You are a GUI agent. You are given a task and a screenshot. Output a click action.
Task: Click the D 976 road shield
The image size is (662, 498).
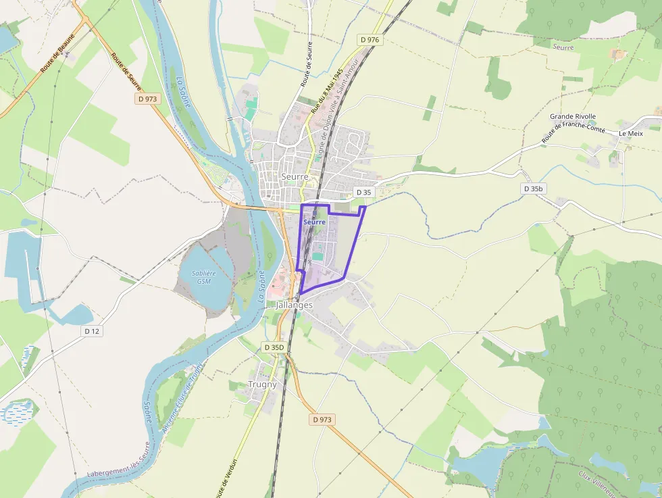(x=370, y=40)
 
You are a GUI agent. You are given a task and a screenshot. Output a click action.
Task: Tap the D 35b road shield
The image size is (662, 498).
(x=533, y=189)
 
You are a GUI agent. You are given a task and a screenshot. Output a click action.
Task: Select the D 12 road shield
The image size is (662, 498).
(x=92, y=331)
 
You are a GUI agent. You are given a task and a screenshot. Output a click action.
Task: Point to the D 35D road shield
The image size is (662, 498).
(x=274, y=347)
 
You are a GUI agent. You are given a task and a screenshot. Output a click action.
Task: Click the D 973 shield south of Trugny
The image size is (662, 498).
(x=323, y=420)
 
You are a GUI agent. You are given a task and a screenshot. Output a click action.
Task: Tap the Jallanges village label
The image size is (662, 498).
(x=295, y=305)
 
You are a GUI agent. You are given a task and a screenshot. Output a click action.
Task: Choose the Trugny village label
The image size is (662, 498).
(x=262, y=384)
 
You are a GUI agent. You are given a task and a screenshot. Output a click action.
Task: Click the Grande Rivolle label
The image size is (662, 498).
(x=573, y=116)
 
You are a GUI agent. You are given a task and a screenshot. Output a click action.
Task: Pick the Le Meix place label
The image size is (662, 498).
(x=631, y=134)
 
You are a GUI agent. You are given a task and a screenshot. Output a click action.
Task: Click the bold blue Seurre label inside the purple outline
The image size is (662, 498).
(x=314, y=222)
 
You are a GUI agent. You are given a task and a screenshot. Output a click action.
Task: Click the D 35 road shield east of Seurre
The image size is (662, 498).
(x=363, y=193)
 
